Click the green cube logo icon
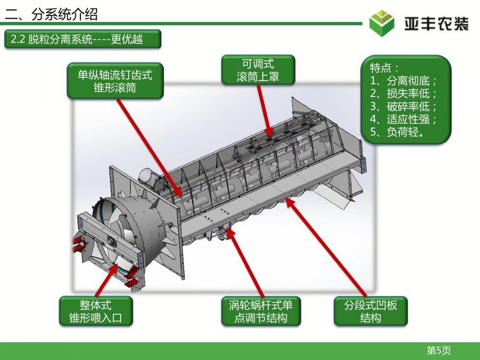[x=381, y=23]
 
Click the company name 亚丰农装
[x=436, y=24]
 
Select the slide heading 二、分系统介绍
[x=51, y=14]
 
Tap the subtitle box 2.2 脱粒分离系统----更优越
[x=83, y=39]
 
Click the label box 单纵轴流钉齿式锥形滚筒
[x=115, y=81]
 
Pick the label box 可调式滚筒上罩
[x=258, y=70]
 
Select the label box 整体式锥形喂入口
[x=95, y=311]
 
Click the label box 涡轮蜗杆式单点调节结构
[x=261, y=311]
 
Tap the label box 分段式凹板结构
[x=371, y=311]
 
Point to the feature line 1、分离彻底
[x=403, y=81]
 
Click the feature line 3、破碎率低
[x=403, y=107]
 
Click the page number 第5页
[x=439, y=350]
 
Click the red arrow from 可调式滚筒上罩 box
[x=265, y=111]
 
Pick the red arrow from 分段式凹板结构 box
[x=325, y=247]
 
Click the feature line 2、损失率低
[x=403, y=94]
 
